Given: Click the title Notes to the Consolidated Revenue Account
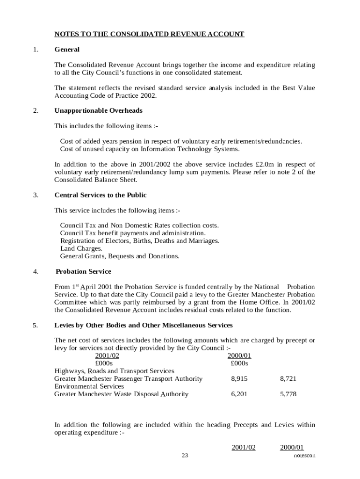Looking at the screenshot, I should [x=149, y=34].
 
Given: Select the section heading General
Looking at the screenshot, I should [x=67, y=50].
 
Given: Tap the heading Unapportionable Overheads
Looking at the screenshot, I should [x=98, y=111].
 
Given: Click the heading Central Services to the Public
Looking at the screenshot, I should [x=100, y=195].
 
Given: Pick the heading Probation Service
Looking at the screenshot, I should [x=83, y=272].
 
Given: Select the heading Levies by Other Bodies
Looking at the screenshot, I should [x=143, y=325].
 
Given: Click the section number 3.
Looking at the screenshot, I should [x=36, y=195].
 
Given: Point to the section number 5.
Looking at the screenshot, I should [x=36, y=325].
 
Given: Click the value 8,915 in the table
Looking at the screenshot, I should [x=239, y=379].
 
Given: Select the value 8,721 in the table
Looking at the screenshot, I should [x=288, y=379].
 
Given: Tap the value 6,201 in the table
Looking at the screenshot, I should [x=239, y=394].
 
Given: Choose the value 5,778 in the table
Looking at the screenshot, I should [x=288, y=394].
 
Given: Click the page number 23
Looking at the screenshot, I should [x=185, y=456].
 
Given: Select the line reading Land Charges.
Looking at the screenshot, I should [x=81, y=249].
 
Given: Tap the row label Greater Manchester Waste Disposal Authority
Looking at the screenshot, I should [x=121, y=394].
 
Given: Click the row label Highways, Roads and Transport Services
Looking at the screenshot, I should [x=114, y=371].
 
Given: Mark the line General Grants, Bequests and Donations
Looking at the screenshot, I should [x=119, y=256].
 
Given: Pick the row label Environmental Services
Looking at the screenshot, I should [x=89, y=386].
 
